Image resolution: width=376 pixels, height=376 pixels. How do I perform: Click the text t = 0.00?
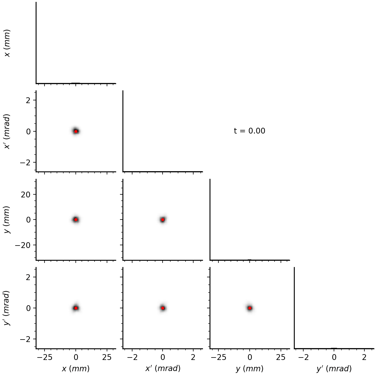coord(249,131)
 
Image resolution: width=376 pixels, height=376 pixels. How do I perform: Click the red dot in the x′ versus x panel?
coord(76,131)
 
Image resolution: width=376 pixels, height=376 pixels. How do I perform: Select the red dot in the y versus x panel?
coord(76,220)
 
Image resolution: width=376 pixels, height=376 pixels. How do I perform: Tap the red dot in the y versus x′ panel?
coord(163,220)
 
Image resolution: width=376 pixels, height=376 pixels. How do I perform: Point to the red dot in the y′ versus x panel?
coord(76,308)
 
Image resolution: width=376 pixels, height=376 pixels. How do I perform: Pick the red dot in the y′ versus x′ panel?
coord(163,308)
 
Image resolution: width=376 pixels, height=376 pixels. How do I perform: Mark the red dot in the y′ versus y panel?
coord(250,308)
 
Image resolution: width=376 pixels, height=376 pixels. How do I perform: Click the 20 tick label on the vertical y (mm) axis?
coord(26,195)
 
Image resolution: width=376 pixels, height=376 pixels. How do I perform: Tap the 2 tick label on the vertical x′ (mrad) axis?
coord(28,100)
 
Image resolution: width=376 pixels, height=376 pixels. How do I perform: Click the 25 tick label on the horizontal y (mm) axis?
coord(281,357)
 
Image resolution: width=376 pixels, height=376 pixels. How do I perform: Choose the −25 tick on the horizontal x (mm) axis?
coord(45,357)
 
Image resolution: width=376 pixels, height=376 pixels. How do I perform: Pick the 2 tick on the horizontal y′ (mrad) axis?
coord(364,357)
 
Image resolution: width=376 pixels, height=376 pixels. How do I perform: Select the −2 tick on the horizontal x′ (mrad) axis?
coord(132,357)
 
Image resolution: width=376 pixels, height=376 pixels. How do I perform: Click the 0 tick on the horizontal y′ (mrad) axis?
coord(334,357)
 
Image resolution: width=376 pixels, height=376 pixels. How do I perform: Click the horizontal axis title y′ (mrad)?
coord(334,369)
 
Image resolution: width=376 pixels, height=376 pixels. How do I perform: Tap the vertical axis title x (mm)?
coord(7,43)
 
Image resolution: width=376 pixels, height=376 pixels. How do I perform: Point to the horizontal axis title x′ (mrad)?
coord(163,369)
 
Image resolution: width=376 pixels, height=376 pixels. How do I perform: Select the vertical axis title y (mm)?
coord(7,220)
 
